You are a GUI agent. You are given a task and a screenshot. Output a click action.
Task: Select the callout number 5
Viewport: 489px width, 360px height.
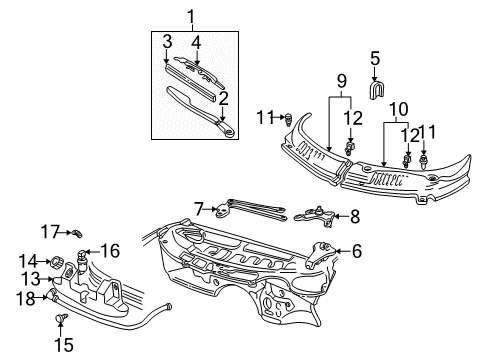(x=375, y=58)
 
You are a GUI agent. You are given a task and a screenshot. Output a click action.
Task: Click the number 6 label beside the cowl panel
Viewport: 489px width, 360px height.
(x=356, y=252)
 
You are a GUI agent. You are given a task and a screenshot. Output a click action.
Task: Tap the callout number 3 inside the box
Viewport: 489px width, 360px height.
(x=167, y=40)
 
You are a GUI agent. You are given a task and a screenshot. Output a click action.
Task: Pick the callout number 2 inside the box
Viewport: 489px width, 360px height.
(x=223, y=97)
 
